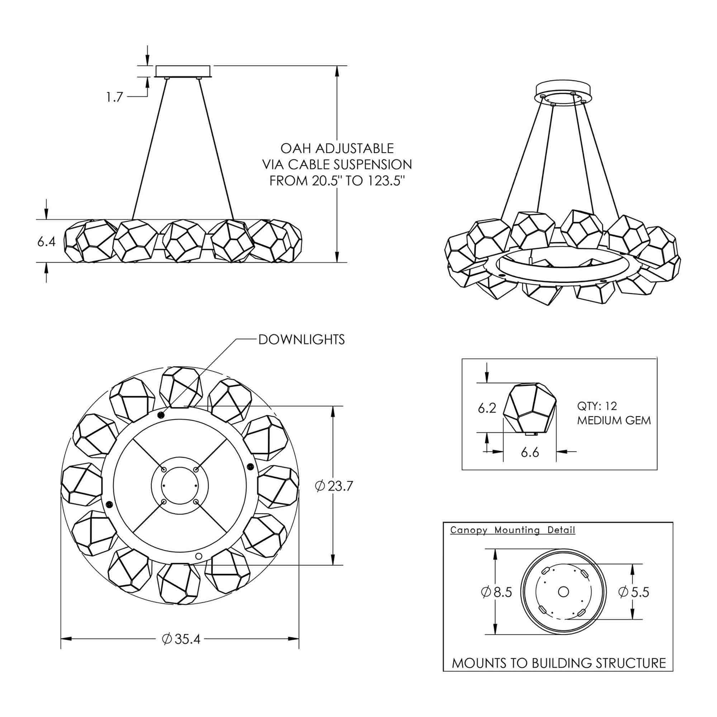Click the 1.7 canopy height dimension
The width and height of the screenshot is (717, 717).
tap(114, 97)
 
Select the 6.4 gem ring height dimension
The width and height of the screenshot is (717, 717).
tap(46, 242)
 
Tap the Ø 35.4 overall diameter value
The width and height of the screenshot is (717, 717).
tap(181, 639)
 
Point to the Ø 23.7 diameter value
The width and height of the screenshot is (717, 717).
tap(334, 486)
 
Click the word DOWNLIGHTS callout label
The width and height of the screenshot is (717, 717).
tap(301, 339)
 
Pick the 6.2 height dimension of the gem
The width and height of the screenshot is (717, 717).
tap(487, 408)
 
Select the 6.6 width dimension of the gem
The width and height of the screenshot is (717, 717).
tap(530, 452)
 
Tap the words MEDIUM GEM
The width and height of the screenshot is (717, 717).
tap(614, 421)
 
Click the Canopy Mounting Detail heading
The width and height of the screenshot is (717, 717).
tap(513, 530)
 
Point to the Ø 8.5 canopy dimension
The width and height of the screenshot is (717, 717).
tap(497, 592)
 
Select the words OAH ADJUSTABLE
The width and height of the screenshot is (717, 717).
tap(337, 148)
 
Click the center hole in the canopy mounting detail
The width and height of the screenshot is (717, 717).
tap(563, 592)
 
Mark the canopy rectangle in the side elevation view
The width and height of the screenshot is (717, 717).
tap(183, 71)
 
